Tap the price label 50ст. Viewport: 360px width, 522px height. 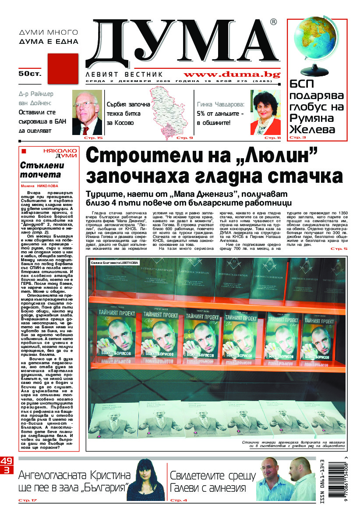[x=29, y=74]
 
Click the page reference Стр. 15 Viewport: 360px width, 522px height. [x=94, y=138]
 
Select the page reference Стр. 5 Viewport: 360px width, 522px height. [x=339, y=249]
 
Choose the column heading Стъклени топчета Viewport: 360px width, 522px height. [x=42, y=170]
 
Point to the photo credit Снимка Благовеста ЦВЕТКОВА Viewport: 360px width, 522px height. [x=114, y=263]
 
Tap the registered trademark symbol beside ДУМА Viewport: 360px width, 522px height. [x=273, y=21]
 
